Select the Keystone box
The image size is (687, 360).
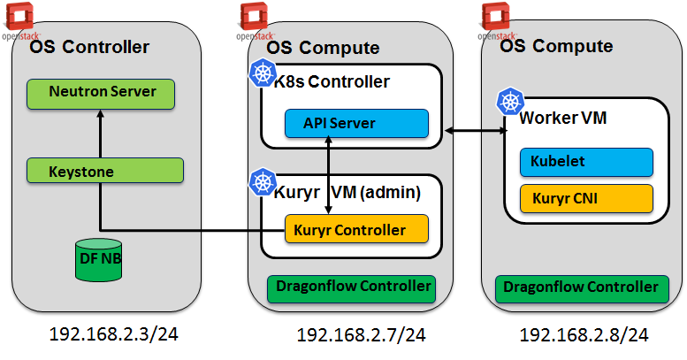coord(104,172)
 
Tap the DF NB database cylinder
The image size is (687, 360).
coord(99,261)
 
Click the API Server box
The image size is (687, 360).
coord(356,123)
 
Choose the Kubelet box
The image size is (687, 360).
coord(586,163)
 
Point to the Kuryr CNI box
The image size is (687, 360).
coord(586,199)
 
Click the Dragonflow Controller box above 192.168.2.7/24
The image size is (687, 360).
coord(353,287)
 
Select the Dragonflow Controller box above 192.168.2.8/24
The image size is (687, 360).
coord(580,287)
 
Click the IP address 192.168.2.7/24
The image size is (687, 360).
coord(361,335)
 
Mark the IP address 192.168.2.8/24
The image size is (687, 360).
coord(584,335)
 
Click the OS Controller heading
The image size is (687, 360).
coord(89,47)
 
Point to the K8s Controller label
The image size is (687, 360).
coord(332,82)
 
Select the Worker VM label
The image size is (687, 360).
coord(562,118)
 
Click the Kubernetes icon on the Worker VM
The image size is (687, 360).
coord(510,102)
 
